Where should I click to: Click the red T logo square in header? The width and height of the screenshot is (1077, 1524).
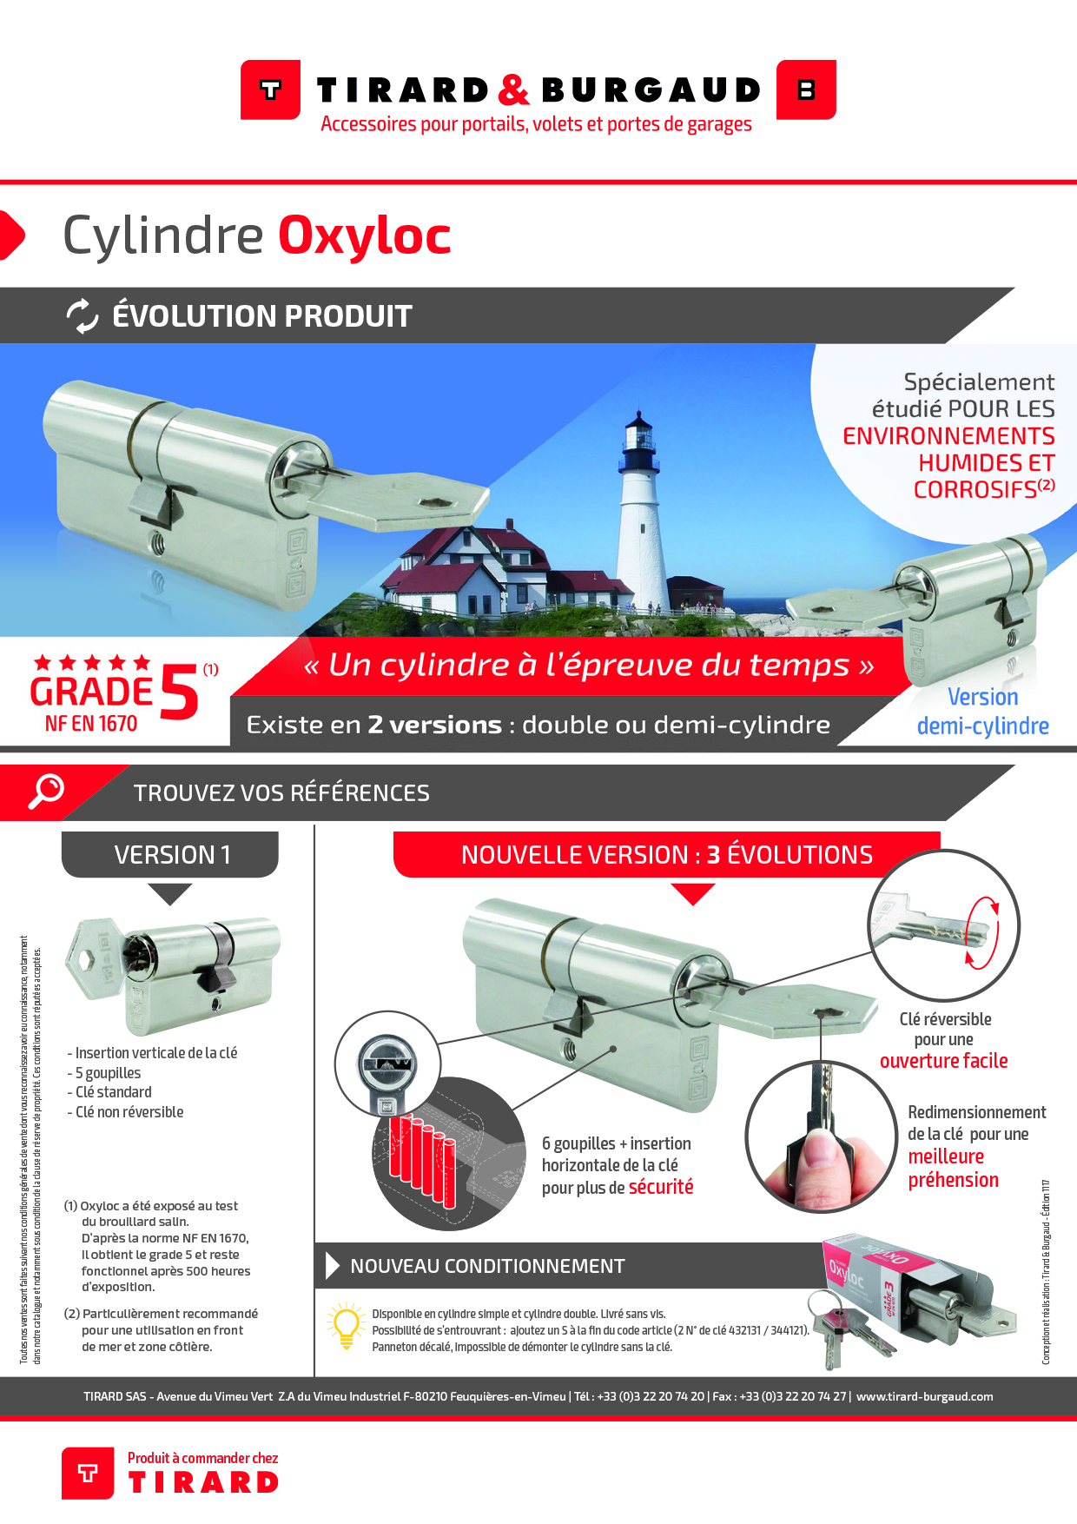click(x=270, y=89)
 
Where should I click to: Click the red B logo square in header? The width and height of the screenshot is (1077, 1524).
click(x=806, y=89)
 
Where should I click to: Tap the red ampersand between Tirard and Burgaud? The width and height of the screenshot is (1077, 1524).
click(x=514, y=89)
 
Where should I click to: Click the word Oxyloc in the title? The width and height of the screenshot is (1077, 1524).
click(x=364, y=236)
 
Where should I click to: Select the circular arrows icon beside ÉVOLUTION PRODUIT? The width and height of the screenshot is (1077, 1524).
click(x=83, y=315)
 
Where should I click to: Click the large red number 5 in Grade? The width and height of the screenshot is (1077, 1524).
click(x=179, y=692)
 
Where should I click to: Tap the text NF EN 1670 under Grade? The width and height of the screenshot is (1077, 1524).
click(x=91, y=724)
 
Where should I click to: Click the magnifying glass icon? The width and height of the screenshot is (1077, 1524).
click(x=46, y=791)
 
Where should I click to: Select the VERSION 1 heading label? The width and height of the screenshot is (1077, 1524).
click(x=171, y=855)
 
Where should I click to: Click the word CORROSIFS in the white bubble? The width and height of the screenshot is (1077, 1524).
click(x=975, y=490)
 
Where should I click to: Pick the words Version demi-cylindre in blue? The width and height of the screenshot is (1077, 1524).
click(x=982, y=712)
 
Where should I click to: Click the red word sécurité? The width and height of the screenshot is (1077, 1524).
click(x=661, y=1188)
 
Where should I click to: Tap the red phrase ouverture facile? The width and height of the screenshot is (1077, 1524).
click(x=943, y=1061)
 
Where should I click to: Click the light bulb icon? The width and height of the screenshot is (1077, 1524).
click(x=346, y=1326)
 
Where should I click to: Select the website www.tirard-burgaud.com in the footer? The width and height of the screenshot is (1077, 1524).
click(x=924, y=1397)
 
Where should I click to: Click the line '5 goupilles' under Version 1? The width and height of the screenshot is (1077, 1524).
click(x=108, y=1073)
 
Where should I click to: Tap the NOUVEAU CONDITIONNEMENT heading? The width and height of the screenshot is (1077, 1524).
click(x=487, y=1267)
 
